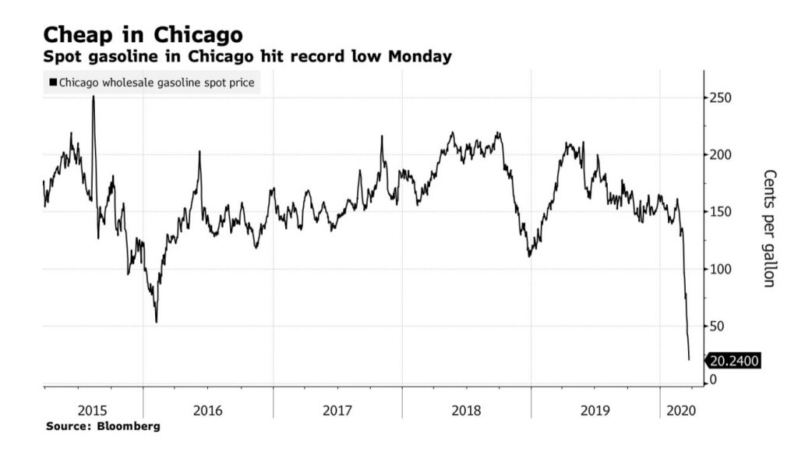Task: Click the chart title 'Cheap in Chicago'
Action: (143, 34)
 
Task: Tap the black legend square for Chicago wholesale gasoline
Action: (53, 82)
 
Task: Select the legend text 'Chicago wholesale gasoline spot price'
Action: (156, 82)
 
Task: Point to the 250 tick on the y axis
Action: (720, 98)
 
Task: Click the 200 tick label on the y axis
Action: (720, 155)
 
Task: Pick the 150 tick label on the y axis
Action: (720, 212)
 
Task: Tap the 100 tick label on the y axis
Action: (720, 269)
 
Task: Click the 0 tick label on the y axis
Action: (712, 380)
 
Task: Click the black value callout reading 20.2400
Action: (733, 361)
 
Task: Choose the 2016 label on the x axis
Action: (207, 410)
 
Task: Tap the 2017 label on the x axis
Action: (337, 410)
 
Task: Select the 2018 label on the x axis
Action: (467, 410)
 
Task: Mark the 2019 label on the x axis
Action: (596, 410)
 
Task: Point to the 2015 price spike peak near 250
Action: (94, 97)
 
